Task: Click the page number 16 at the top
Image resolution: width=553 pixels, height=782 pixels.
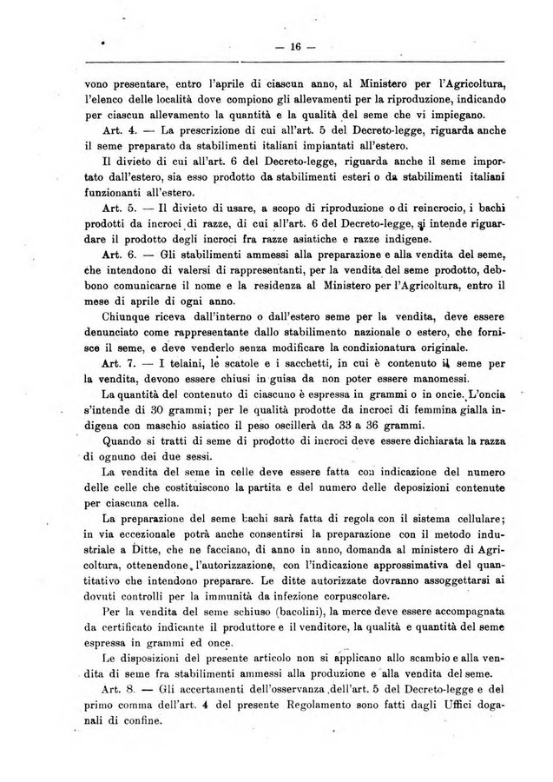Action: [x=294, y=48]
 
